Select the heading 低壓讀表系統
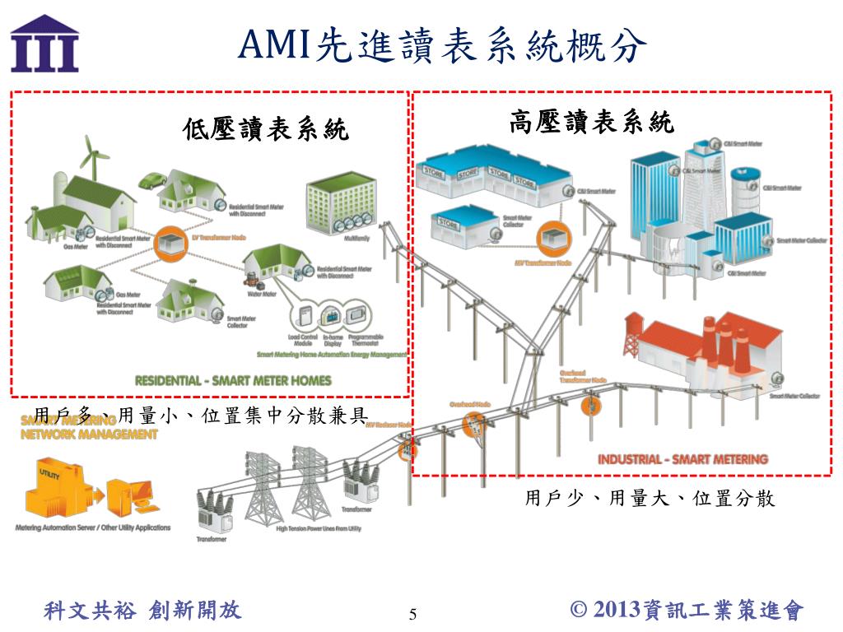pos(266,129)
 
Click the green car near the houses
pos(152,179)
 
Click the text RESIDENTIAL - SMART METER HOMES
pos(233,380)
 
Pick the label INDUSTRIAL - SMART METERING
pos(682,459)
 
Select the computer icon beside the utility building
pos(131,494)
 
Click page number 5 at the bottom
pos(413,614)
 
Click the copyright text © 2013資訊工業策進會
pos(687,610)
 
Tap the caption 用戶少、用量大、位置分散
pos(650,499)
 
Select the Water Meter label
pos(261,291)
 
